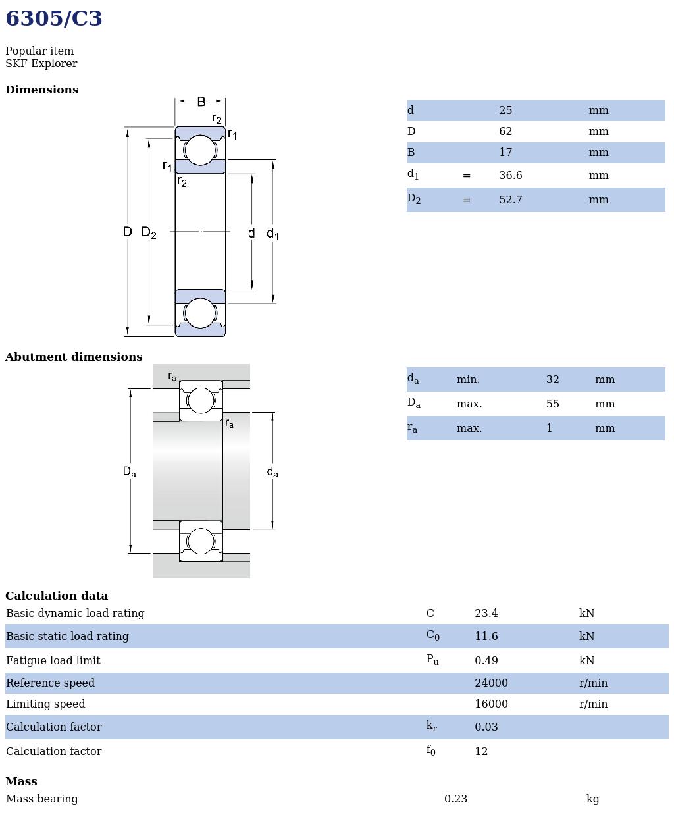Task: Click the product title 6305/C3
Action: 54,19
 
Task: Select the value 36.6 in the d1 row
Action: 510,176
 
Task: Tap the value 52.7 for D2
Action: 510,200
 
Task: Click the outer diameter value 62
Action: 505,132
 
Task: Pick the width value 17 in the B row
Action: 505,153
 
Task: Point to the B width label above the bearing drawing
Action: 201,101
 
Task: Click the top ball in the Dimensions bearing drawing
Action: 200,150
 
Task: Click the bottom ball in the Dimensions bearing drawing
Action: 200,313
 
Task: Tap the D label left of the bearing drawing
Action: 127,232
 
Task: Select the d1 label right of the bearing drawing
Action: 272,234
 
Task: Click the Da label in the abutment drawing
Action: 129,472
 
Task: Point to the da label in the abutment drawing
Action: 272,472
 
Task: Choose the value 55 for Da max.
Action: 552,404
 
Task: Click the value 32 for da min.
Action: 552,380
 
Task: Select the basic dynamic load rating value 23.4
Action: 486,614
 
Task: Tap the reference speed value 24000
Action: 491,683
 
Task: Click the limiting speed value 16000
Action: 491,704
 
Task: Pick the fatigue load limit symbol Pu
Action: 432,660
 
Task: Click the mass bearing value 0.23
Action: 455,799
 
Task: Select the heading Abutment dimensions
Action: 74,357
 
